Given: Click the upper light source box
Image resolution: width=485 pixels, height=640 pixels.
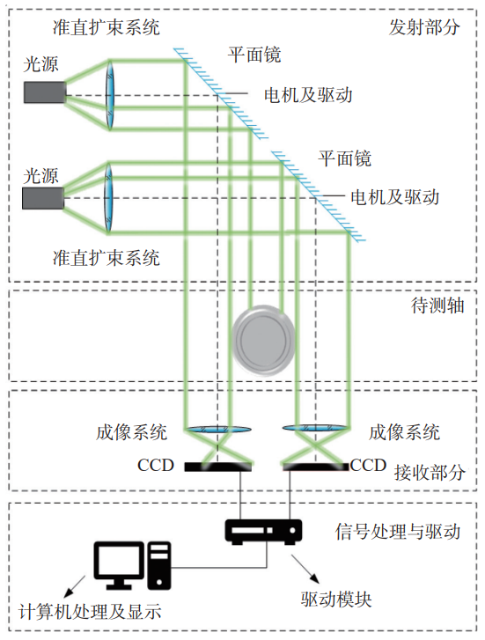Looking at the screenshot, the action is point(45,92).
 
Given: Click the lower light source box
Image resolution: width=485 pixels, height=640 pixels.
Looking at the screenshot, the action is point(43,198).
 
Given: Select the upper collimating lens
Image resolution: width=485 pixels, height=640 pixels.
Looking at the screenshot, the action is point(110,95).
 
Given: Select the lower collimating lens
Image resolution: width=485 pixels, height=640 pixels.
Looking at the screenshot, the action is point(108,198).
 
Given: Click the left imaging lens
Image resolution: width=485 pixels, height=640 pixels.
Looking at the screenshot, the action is point(218,429).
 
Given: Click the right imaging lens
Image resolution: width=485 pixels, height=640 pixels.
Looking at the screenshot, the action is point(315,428).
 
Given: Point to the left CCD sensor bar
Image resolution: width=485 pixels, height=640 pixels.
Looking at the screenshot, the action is point(218,467).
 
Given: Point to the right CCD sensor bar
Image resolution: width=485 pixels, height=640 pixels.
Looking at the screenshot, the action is point(316,467).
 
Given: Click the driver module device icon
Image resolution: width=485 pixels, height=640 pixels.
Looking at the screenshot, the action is point(264,532).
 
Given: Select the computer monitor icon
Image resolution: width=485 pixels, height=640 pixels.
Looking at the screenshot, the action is point(119,565).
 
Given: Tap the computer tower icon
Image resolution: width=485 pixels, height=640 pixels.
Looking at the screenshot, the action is point(159,565).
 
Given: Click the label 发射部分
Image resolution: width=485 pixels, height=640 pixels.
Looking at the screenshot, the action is point(424,27).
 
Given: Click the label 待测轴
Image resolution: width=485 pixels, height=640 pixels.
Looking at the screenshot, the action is point(437,305).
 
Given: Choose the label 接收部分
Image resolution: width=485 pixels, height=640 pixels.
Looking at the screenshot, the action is point(430,473).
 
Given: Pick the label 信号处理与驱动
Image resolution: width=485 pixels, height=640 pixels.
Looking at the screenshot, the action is point(398,532).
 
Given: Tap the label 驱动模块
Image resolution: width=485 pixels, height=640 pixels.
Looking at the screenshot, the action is point(336,600).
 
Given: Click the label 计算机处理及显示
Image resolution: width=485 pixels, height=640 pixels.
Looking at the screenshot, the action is point(90,612).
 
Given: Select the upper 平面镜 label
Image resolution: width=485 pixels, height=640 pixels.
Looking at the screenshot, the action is point(254,55).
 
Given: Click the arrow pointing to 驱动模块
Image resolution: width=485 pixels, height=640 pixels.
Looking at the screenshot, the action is point(305,569).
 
